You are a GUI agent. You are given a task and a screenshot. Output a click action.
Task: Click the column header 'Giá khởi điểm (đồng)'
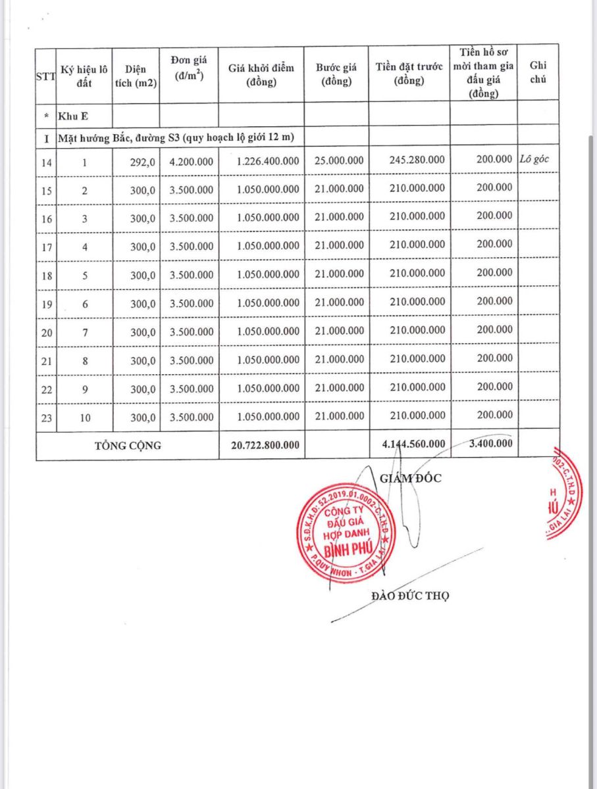(x=261, y=74)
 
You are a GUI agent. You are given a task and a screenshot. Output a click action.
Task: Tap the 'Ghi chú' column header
(x=537, y=72)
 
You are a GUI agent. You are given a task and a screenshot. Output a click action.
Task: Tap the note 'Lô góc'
(x=534, y=159)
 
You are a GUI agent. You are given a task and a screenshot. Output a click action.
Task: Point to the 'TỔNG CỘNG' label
(x=128, y=445)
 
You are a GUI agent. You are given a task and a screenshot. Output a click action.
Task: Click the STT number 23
(x=46, y=416)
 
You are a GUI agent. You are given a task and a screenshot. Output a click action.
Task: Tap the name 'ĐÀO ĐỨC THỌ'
(x=410, y=596)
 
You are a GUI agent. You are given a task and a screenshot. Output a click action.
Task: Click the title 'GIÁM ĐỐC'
(x=411, y=478)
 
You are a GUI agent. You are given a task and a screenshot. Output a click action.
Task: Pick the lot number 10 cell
(x=84, y=416)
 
